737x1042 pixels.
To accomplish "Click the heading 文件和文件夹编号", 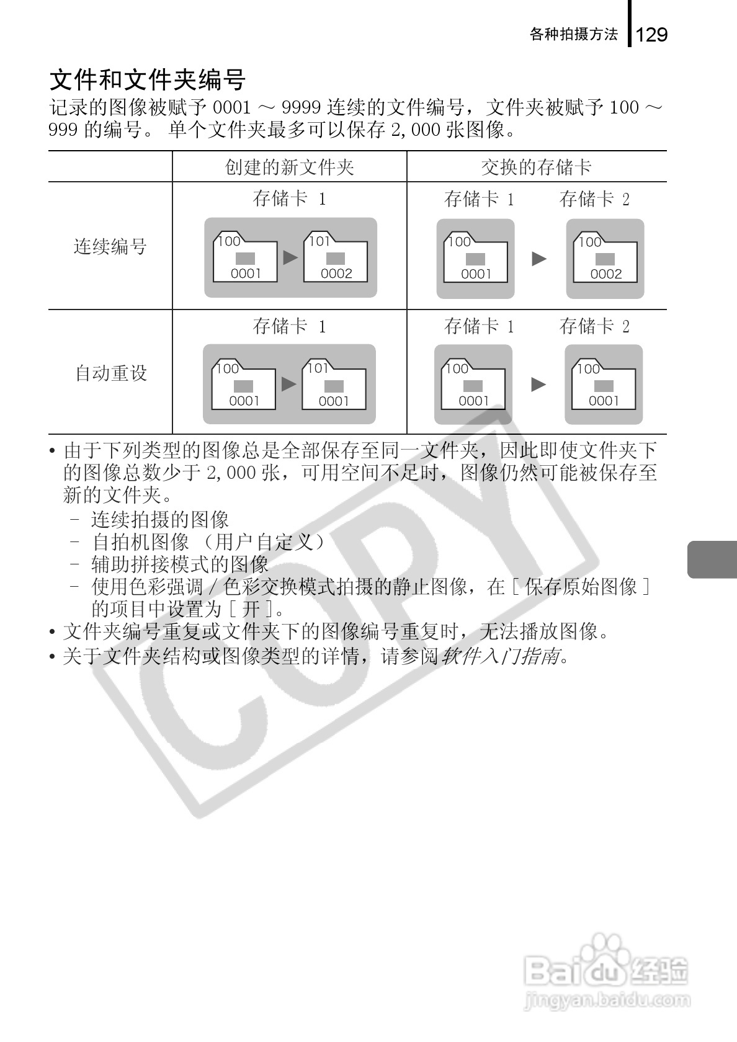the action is pos(148,80).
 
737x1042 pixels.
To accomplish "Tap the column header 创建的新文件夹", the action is pos(289,167).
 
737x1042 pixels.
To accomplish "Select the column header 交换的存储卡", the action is pos(536,167).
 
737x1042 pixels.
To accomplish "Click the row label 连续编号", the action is pos(110,246).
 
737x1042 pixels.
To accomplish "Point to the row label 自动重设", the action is pos(111,373).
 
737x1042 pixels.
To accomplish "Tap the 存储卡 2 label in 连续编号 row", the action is pos(594,199).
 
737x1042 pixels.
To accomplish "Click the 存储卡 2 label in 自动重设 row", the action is pos(594,326).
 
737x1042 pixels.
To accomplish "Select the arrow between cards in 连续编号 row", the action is pos(539,259).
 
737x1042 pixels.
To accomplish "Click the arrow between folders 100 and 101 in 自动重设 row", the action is pos(288,385).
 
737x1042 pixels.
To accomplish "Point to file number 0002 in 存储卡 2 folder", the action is pos(605,274).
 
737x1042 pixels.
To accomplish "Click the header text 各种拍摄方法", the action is pos(574,35).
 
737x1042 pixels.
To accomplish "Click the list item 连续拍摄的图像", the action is pos(160,519).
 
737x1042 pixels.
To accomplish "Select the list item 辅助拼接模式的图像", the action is pos(180,564).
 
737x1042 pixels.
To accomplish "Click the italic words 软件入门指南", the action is pos(500,656).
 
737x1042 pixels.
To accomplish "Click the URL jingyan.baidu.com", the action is pos(607,1001).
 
